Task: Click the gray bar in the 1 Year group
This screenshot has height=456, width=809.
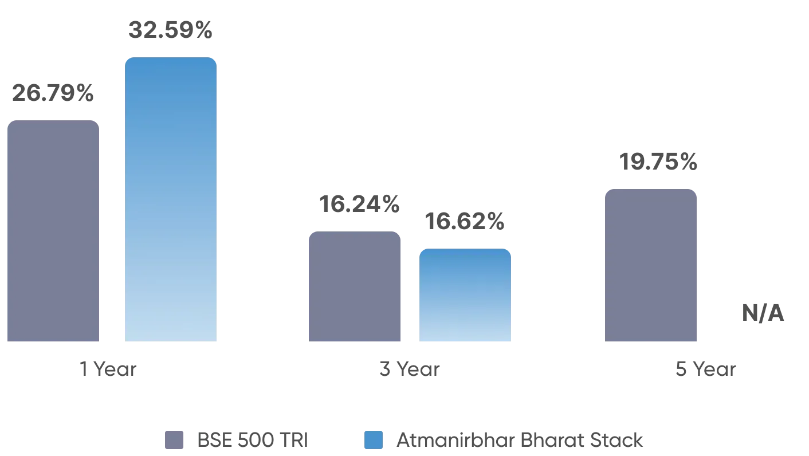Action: (x=53, y=231)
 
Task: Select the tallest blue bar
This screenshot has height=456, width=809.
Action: (x=172, y=200)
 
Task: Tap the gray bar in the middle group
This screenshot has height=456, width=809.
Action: (x=355, y=286)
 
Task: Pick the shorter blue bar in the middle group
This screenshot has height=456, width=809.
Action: (x=465, y=296)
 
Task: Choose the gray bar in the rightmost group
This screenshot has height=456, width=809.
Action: (x=651, y=266)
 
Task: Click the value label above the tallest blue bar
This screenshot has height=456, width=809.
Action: (x=171, y=30)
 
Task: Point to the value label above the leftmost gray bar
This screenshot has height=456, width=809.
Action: (x=52, y=94)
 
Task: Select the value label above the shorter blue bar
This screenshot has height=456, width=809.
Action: (x=463, y=222)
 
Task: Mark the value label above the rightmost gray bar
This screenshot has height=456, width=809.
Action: (x=660, y=163)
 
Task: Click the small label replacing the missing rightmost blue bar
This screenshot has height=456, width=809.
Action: (x=764, y=313)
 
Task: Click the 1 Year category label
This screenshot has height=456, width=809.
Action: (x=109, y=368)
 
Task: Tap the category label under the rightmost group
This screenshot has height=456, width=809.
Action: (x=705, y=369)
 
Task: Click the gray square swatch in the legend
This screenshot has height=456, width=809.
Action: (x=174, y=440)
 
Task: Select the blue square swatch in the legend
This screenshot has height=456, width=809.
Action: (x=374, y=440)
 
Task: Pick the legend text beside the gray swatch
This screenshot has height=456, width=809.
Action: (x=252, y=440)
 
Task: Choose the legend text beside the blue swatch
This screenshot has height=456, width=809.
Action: (x=520, y=440)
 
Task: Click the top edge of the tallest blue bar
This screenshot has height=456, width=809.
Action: (x=172, y=57)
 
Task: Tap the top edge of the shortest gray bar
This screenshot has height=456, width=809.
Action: (x=355, y=230)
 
